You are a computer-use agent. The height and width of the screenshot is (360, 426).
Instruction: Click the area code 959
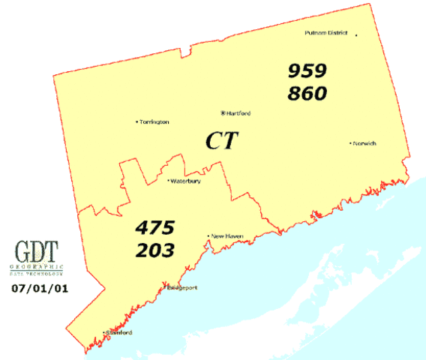(x=307, y=71)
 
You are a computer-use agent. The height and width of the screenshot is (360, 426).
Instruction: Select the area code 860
(x=307, y=94)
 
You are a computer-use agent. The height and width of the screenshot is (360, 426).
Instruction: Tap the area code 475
(x=155, y=226)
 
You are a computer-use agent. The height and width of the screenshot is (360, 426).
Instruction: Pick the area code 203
(x=155, y=250)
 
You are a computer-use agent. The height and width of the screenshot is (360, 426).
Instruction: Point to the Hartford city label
(x=239, y=113)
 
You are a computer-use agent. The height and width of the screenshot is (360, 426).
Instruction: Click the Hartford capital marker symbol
(x=223, y=113)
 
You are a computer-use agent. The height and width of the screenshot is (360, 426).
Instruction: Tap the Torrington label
(x=154, y=121)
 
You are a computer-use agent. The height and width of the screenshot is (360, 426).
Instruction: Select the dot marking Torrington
(x=136, y=121)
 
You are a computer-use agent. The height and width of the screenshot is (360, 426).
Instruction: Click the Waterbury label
(x=186, y=181)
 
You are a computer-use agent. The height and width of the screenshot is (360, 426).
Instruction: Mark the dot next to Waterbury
(x=168, y=181)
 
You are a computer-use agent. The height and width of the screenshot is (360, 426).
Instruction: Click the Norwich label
(x=365, y=143)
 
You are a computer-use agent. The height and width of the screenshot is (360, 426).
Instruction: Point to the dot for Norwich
(x=350, y=142)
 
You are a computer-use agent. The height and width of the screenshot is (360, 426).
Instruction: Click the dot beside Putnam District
(x=356, y=34)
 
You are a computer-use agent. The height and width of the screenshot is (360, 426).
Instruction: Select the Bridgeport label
(x=181, y=287)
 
